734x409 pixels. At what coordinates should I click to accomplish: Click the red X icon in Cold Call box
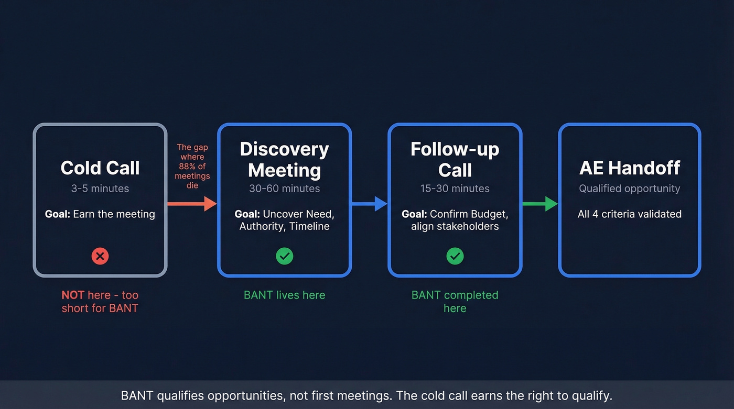100,256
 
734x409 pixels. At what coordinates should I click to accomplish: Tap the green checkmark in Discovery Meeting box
284,256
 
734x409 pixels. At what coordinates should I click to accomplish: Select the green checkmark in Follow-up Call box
455,256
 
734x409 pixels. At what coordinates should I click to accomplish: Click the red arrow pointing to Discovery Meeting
192,204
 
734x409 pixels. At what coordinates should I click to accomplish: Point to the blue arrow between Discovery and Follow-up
369,204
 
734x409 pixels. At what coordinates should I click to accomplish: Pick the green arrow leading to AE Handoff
540,204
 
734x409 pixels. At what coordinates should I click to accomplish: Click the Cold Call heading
100,168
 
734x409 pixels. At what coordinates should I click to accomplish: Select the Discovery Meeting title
284,159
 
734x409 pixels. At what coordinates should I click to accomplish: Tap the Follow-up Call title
455,159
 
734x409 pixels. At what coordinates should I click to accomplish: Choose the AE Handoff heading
629,168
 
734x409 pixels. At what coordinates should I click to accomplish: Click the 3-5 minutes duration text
100,189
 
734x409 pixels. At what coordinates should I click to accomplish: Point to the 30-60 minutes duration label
284,189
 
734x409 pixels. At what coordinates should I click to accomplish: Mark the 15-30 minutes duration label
455,189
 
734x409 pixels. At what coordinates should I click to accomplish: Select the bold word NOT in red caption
73,295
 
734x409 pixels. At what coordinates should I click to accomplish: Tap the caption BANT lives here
284,295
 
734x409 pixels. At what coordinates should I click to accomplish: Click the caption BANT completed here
455,302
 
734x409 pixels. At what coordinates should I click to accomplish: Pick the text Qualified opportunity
629,189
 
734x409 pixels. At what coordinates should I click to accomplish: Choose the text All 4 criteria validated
629,214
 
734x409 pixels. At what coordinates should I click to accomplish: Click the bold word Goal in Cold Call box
57,214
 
